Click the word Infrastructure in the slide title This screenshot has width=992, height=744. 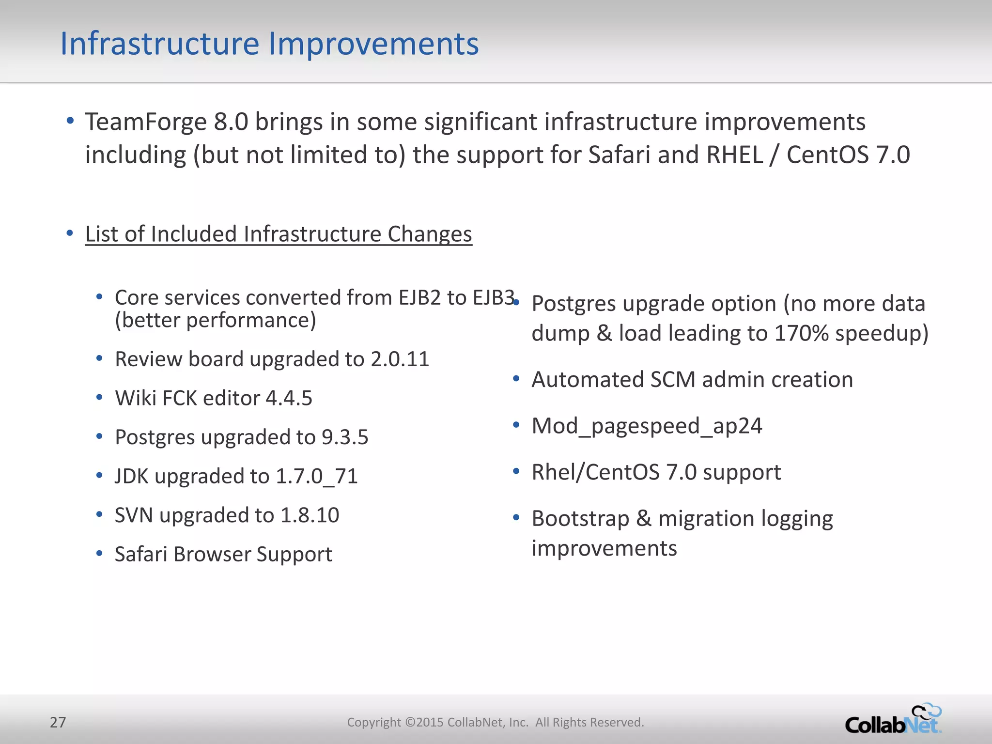[160, 44]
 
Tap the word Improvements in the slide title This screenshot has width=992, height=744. [373, 44]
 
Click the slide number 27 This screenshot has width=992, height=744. [58, 722]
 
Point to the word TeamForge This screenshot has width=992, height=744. [146, 122]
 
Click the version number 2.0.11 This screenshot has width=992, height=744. [400, 359]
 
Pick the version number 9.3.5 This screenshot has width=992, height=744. [345, 437]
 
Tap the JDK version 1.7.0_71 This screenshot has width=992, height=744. [316, 476]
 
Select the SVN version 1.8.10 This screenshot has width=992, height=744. [310, 515]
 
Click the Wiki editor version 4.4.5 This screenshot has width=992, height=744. [289, 398]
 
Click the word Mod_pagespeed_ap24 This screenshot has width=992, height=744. [647, 426]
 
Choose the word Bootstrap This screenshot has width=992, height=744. [580, 519]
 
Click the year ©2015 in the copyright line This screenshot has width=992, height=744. [424, 722]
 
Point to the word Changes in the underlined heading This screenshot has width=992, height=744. [429, 234]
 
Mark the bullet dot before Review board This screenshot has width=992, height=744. [99, 359]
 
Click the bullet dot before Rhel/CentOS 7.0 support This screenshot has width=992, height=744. [516, 471]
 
